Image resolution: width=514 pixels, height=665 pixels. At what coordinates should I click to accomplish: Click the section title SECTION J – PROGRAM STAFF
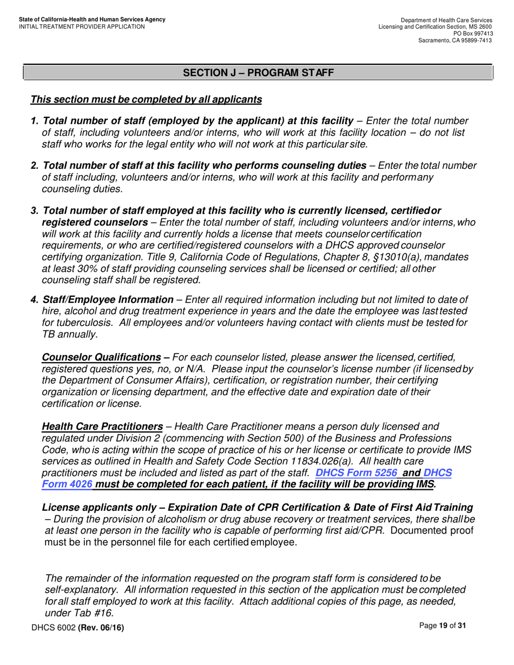pos(258,72)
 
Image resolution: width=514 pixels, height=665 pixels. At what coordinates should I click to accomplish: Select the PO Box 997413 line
pos(472,34)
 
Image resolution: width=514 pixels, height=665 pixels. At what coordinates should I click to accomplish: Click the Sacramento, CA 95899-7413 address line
pos(455,41)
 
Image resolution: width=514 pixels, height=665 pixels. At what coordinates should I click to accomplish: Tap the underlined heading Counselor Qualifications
pos(101,357)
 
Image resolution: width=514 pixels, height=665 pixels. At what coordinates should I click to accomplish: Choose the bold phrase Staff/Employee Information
pos(108,300)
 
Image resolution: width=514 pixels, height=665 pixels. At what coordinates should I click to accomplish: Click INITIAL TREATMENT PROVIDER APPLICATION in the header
pos(81,26)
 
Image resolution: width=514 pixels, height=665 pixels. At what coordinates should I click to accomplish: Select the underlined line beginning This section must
pos(146,100)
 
